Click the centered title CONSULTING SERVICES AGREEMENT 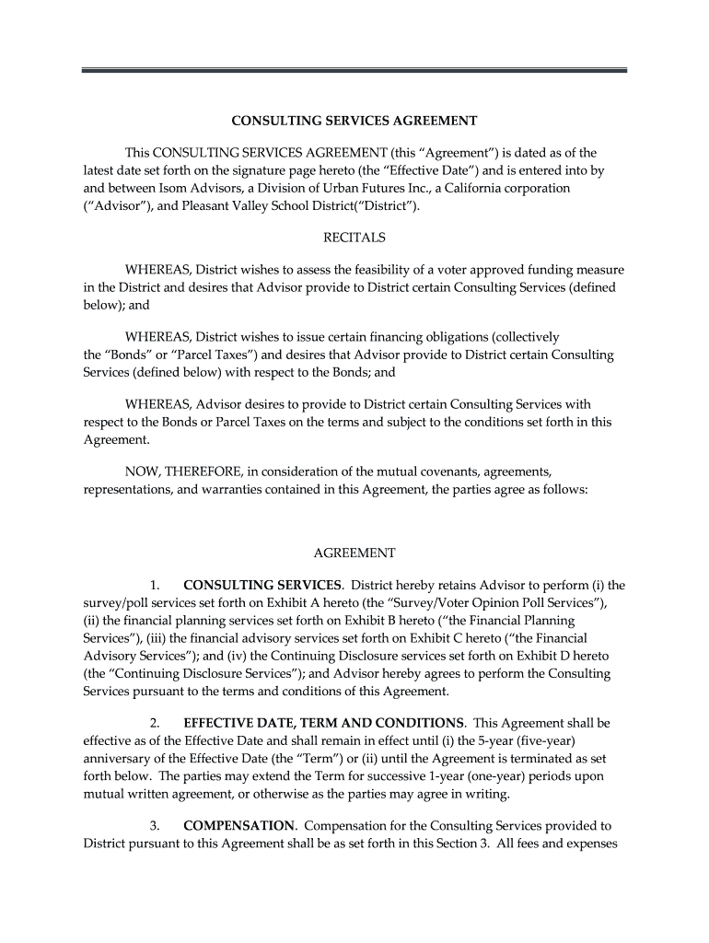(x=354, y=121)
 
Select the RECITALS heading (x=354, y=238)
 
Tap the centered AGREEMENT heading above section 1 (x=354, y=553)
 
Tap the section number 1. (x=155, y=585)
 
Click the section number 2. (x=155, y=723)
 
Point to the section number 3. (x=155, y=825)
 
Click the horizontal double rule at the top (x=354, y=70)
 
